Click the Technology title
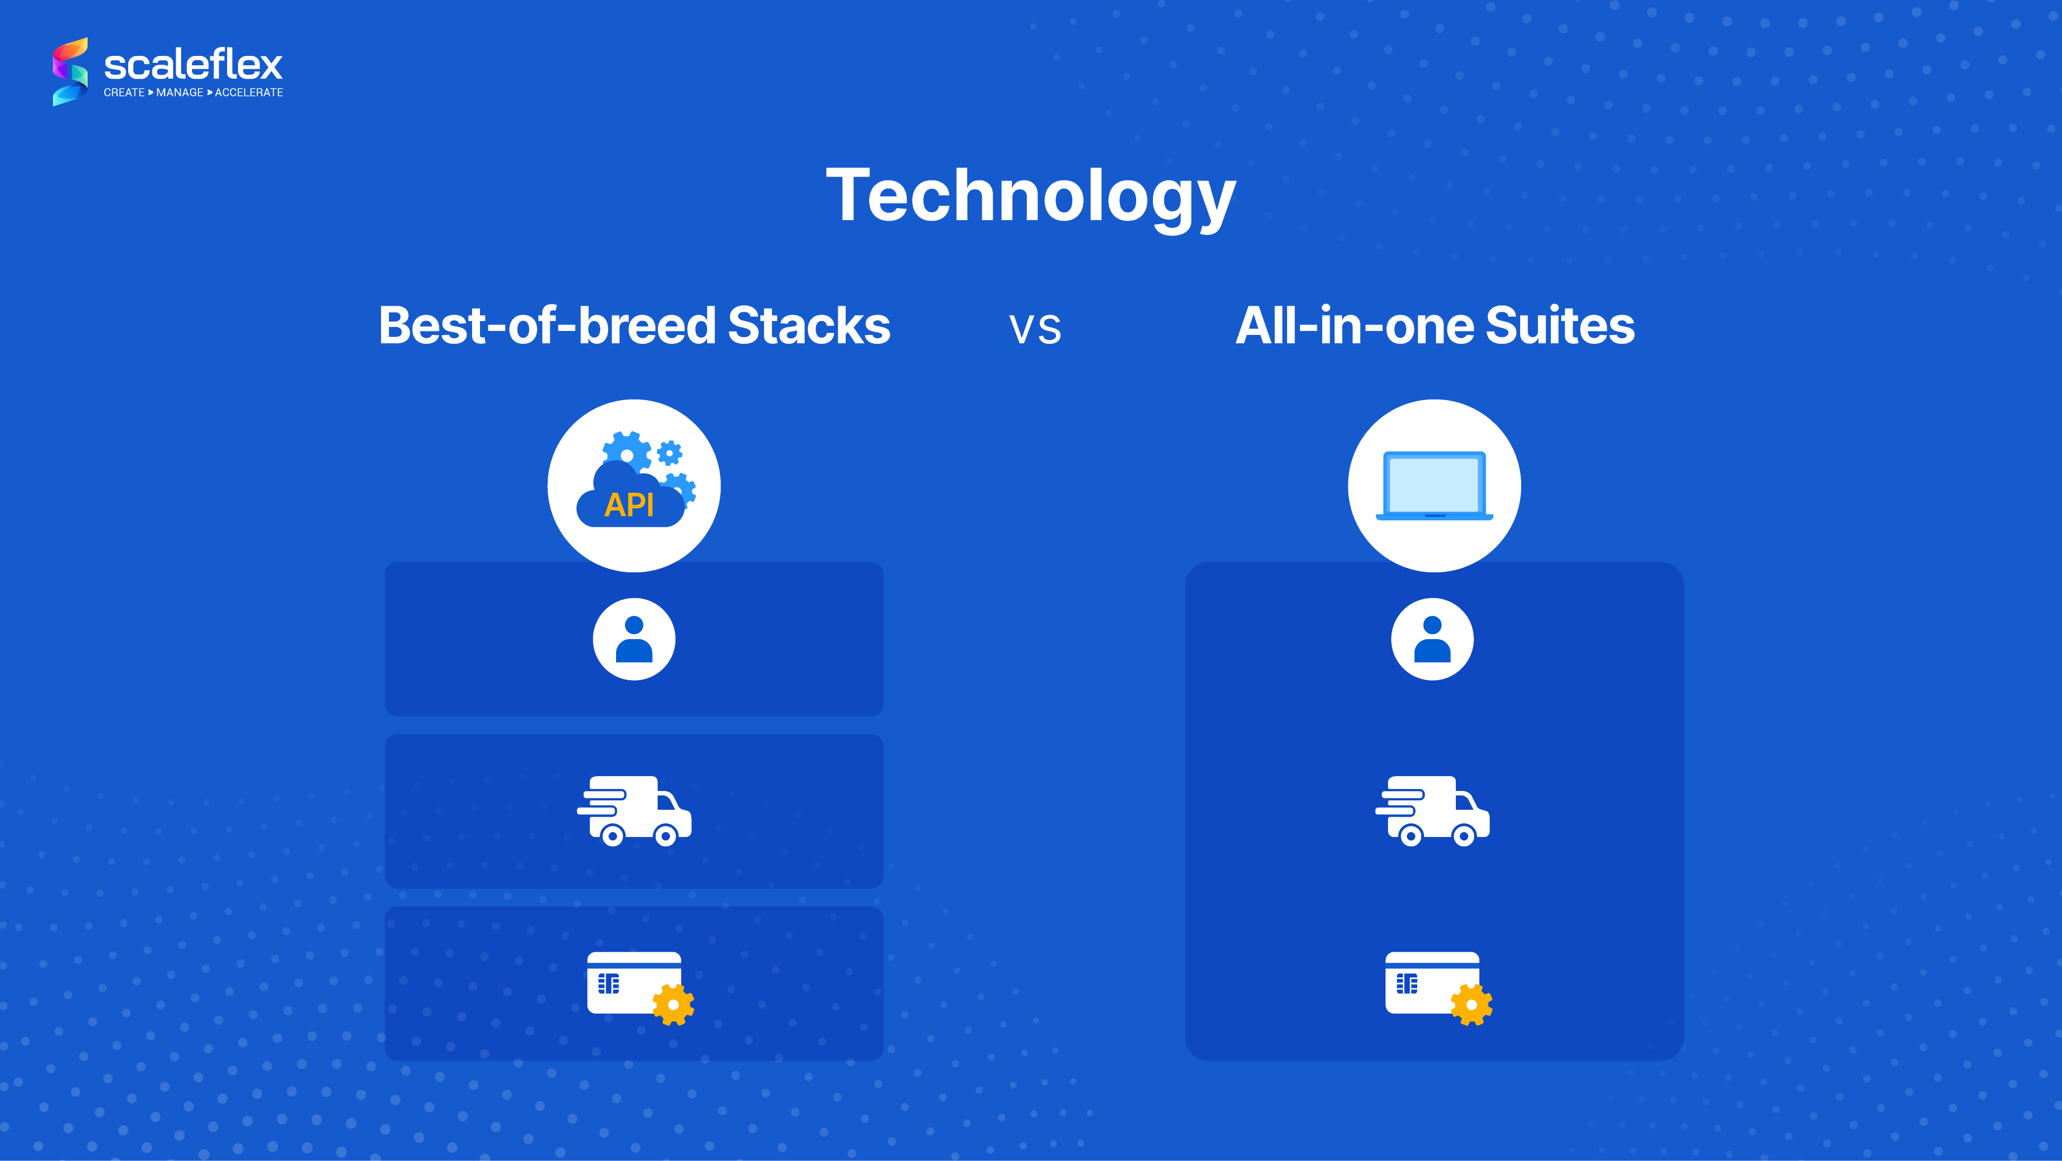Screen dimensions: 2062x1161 [1031, 197]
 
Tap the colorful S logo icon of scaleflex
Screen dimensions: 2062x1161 [70, 71]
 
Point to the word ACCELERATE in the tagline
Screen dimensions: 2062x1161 [249, 93]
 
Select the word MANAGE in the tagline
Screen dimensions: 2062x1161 [179, 93]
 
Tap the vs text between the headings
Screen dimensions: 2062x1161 [1035, 329]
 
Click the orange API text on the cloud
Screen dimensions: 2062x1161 [629, 505]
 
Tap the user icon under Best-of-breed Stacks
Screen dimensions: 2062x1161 [634, 639]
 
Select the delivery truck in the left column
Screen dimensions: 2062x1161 [634, 811]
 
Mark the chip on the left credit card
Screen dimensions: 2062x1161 [608, 983]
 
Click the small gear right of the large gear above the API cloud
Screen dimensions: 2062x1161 [669, 453]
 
